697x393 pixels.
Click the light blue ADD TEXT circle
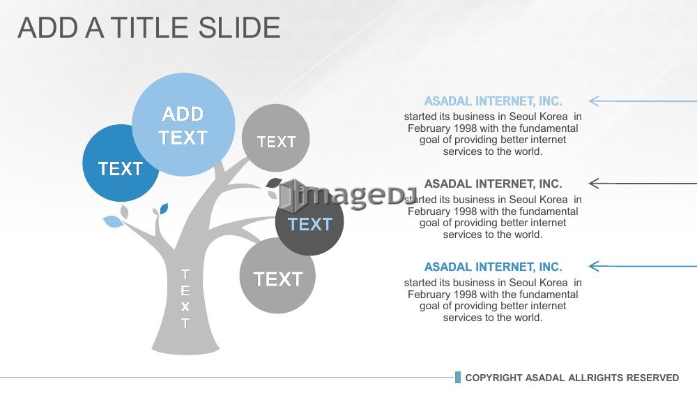tap(183, 125)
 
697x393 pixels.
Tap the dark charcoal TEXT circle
tap(310, 223)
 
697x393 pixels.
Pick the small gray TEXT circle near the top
tap(275, 138)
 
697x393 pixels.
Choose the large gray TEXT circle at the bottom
tap(277, 276)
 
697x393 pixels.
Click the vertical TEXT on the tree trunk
tap(185, 298)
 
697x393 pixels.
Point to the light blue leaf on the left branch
tap(113, 221)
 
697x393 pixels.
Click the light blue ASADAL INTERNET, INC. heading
tap(493, 101)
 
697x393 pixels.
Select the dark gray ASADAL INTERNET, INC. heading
tap(493, 184)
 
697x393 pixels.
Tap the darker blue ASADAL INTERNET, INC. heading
tap(493, 267)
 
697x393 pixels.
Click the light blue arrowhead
tap(594, 101)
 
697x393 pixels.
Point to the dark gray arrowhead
tap(594, 184)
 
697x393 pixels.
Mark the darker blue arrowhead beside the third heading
tap(594, 266)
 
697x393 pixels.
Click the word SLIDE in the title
tap(239, 28)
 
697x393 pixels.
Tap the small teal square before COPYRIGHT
tap(458, 378)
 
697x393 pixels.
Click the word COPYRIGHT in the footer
tap(493, 378)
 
